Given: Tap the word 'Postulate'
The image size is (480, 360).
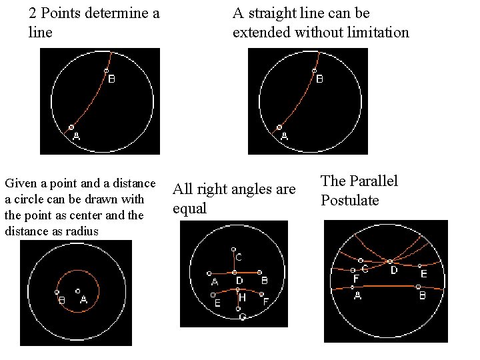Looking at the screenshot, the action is pyautogui.click(x=349, y=201).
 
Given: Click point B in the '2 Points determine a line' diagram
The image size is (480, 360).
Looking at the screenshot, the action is pyautogui.click(x=105, y=71).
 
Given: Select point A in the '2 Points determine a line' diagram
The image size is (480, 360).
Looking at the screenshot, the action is pyautogui.click(x=72, y=127).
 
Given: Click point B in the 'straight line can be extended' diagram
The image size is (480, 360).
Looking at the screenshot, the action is pyautogui.click(x=313, y=71).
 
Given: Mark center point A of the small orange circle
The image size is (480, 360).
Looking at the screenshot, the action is pyautogui.click(x=78, y=291).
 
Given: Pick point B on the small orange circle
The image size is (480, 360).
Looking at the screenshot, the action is pyautogui.click(x=57, y=292).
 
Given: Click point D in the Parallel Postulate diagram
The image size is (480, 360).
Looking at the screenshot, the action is pyautogui.click(x=390, y=261).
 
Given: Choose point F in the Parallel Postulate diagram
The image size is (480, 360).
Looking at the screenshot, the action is pyautogui.click(x=353, y=269).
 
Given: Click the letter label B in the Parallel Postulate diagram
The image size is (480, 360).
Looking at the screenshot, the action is pyautogui.click(x=422, y=295).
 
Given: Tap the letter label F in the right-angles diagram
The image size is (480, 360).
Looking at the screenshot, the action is pyautogui.click(x=265, y=302).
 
